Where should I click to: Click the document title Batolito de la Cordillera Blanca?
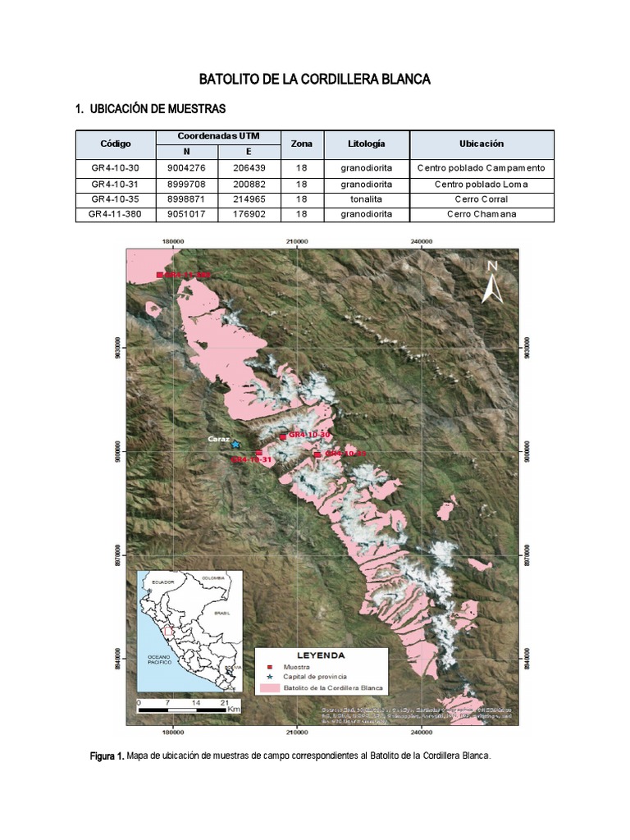[x=315, y=80]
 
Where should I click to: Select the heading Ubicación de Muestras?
[x=149, y=109]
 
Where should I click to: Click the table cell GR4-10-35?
[x=116, y=199]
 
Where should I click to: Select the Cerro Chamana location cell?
[x=482, y=214]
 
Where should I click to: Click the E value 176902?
[x=249, y=214]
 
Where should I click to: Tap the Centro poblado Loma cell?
[x=482, y=184]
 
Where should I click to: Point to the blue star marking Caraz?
[x=235, y=444]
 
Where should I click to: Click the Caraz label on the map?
[x=217, y=440]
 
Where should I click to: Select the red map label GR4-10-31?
[x=251, y=460]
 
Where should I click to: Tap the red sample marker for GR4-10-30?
[x=283, y=437]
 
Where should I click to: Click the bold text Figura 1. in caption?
[x=107, y=756]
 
